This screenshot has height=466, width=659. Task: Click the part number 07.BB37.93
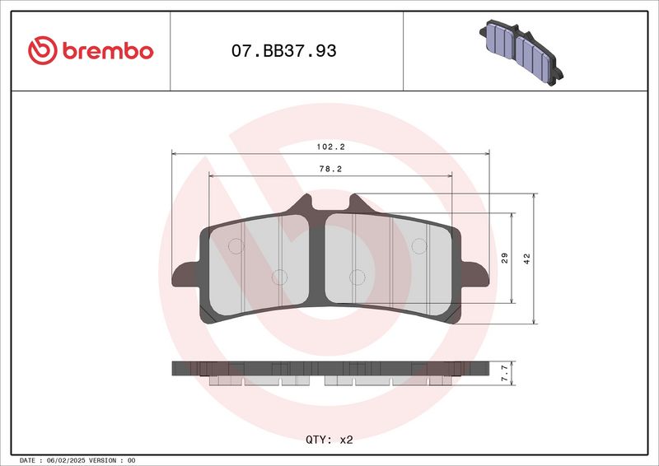click(x=283, y=51)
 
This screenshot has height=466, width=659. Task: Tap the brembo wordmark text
click(x=108, y=51)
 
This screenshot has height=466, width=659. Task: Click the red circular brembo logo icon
click(x=43, y=50)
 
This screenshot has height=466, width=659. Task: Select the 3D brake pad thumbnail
click(x=521, y=53)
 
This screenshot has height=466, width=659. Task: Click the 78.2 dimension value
click(x=331, y=169)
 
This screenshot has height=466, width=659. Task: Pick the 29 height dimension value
click(x=505, y=258)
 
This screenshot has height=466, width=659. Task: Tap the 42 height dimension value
click(x=527, y=259)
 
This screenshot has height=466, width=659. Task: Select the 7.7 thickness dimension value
click(x=505, y=373)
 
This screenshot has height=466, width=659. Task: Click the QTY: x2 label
click(x=329, y=440)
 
